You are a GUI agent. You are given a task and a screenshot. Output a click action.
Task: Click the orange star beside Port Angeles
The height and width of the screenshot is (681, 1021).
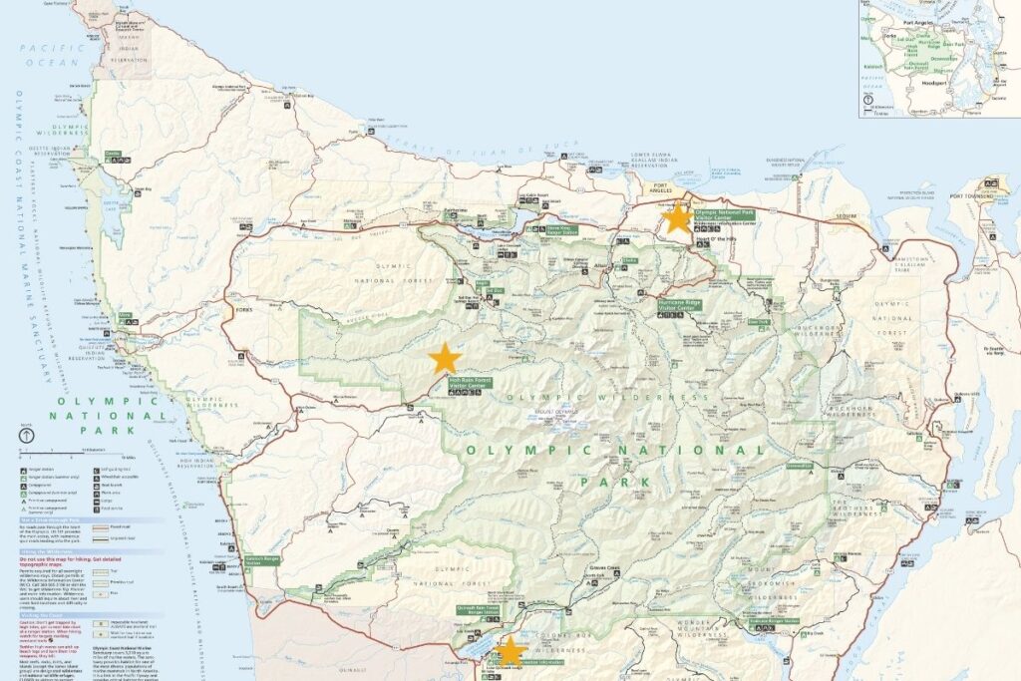(x=678, y=217)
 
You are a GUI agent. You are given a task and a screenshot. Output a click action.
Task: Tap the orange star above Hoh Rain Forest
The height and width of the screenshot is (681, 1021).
(x=444, y=358)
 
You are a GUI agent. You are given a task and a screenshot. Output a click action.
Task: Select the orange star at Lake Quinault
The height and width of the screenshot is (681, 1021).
(x=510, y=651)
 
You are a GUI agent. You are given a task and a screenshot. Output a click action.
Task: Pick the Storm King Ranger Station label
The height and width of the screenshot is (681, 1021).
(x=563, y=231)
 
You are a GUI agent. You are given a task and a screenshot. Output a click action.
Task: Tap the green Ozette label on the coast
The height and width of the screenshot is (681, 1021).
(x=112, y=154)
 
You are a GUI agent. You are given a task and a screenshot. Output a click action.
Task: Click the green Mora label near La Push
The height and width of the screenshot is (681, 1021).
(x=125, y=317)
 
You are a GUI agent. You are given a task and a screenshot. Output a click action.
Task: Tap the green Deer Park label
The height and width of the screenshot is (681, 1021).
(x=758, y=321)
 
